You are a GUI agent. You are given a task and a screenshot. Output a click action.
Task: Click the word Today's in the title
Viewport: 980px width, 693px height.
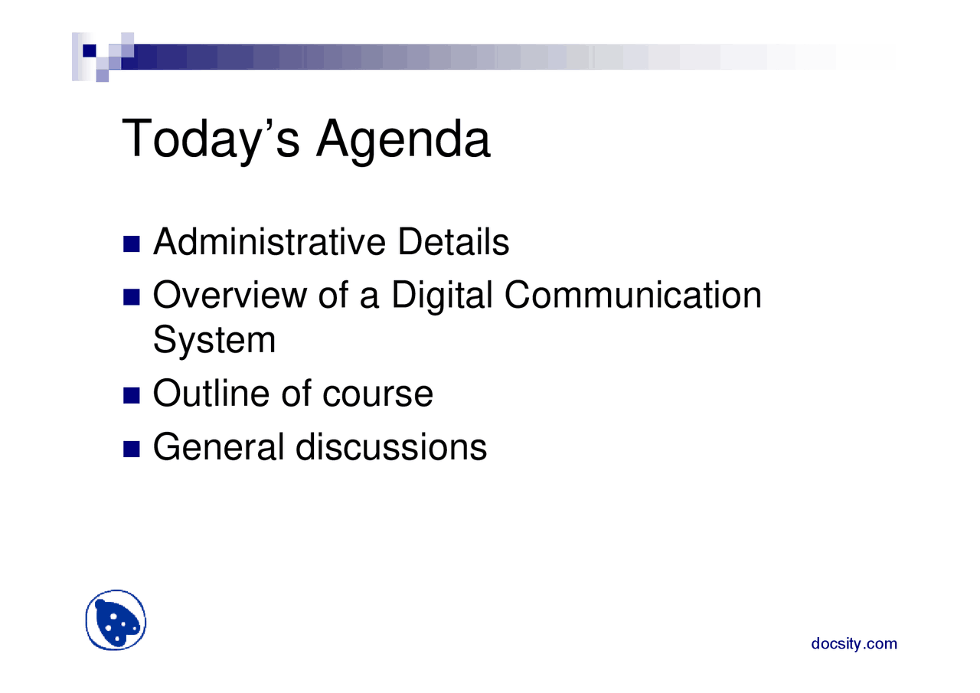pyautogui.click(x=211, y=140)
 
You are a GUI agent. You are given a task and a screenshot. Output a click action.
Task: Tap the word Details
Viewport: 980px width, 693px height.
pyautogui.click(x=454, y=241)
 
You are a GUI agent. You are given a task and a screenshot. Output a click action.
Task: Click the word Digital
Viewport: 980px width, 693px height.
pyautogui.click(x=443, y=296)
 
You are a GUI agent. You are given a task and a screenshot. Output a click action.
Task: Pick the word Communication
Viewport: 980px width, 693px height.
pyautogui.click(x=633, y=295)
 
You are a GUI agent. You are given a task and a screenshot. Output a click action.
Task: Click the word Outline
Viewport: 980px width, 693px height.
pyautogui.click(x=211, y=394)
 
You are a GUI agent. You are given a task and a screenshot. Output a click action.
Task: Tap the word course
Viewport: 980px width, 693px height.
pyautogui.click(x=378, y=395)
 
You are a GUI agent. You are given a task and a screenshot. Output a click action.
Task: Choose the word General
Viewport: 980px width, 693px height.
pyautogui.click(x=219, y=446)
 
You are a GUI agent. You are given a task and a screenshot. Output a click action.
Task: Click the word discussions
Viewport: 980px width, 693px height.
pyautogui.click(x=391, y=446)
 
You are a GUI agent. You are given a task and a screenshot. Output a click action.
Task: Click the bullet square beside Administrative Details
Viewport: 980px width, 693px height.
pyautogui.click(x=131, y=244)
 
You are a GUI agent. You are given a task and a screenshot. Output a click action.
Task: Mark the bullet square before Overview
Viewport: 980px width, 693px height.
pyautogui.click(x=131, y=297)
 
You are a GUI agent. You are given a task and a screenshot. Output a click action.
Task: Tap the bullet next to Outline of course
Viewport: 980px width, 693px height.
pyautogui.click(x=131, y=395)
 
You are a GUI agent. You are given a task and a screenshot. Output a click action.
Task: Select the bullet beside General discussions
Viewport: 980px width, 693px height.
pyautogui.click(x=131, y=449)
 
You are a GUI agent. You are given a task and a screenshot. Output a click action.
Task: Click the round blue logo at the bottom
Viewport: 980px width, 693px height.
pyautogui.click(x=116, y=620)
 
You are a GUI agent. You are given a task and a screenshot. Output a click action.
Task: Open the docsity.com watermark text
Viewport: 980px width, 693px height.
pyautogui.click(x=854, y=644)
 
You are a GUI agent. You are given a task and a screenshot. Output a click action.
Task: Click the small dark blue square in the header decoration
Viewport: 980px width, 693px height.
pyautogui.click(x=90, y=51)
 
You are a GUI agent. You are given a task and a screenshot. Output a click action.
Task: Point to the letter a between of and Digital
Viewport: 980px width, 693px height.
pyautogui.click(x=369, y=299)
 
